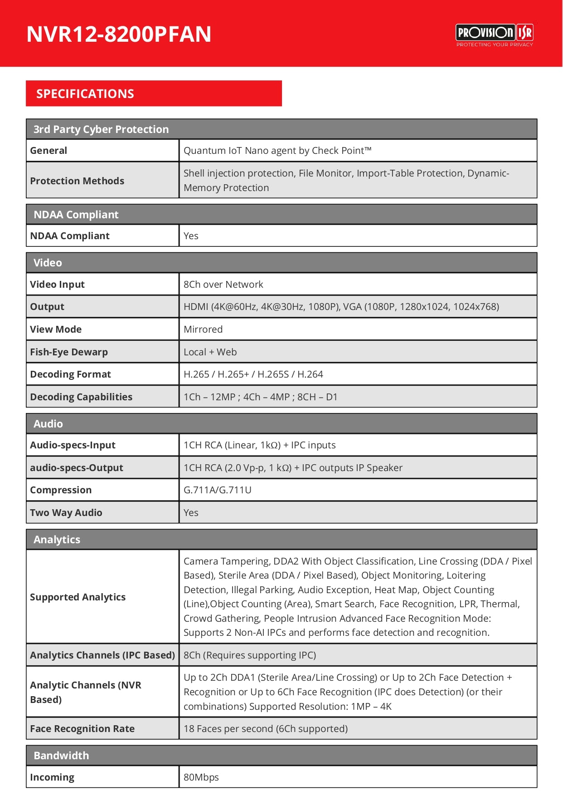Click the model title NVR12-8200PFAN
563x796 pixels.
[x=119, y=34]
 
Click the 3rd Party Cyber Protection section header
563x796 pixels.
[x=101, y=129]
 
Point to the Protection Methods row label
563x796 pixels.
[x=77, y=181]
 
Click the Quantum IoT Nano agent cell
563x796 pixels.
[x=277, y=151]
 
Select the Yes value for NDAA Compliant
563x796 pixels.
[x=191, y=236]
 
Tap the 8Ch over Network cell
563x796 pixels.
[x=223, y=285]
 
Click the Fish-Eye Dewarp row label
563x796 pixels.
[x=69, y=352]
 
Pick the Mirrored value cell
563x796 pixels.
[x=203, y=329]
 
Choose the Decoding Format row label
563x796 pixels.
[x=70, y=374]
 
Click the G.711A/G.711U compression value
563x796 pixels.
[x=217, y=490]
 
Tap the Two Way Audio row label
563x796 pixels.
[x=66, y=513]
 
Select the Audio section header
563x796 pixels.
[x=48, y=424]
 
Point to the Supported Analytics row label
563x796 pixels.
[x=78, y=597]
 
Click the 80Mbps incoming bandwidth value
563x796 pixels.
[x=201, y=777]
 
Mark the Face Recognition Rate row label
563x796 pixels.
[x=82, y=729]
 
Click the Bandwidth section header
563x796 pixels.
[x=61, y=756]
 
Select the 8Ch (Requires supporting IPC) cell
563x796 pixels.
[x=249, y=655]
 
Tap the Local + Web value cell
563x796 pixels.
[x=210, y=352]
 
